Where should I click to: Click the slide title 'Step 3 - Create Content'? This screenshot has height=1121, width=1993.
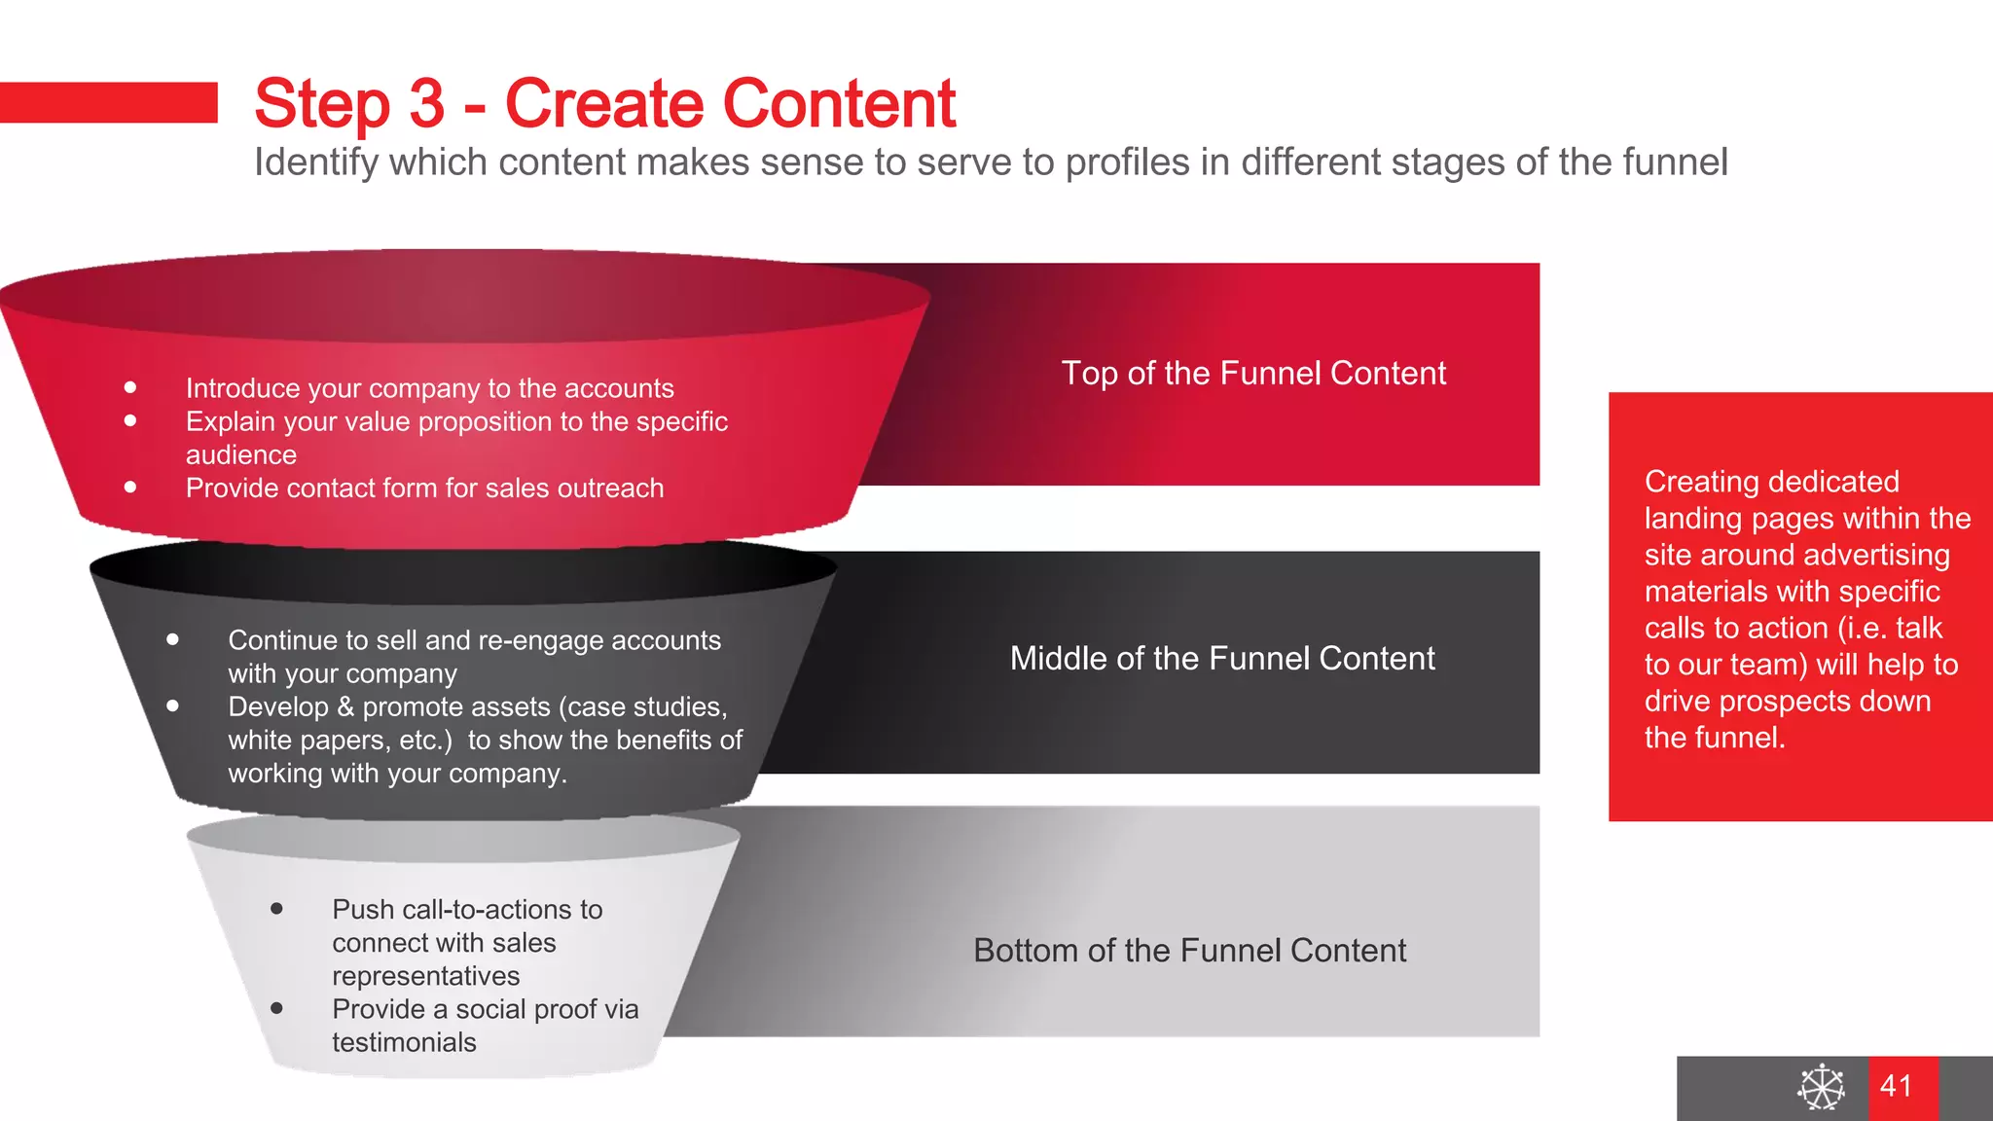point(604,103)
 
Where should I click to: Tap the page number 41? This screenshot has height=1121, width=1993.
point(1897,1086)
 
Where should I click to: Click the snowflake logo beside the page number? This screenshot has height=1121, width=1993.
point(1821,1087)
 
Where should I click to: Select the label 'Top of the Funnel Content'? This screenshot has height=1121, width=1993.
point(1253,374)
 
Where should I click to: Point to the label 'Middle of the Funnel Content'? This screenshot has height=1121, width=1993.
point(1222,659)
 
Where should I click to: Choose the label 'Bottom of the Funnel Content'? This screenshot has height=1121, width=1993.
point(1189,951)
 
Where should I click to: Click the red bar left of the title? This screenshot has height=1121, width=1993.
point(108,102)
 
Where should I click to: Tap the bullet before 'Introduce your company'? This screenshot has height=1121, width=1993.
point(130,387)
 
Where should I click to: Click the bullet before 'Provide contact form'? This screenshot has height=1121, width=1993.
point(130,487)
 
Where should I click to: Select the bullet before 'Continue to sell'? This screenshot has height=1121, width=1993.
point(172,639)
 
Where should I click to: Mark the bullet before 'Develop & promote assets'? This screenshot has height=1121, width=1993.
point(172,705)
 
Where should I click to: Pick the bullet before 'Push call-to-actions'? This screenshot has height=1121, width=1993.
point(276,908)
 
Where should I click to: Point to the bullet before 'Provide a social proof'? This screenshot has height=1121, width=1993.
point(276,1008)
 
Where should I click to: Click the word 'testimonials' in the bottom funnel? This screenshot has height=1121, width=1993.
point(404,1042)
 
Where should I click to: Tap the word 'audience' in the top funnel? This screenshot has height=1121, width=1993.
point(241,454)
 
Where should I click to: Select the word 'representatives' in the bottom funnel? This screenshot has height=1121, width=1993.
point(425,976)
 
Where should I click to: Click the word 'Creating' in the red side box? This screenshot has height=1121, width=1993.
point(1688,482)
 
